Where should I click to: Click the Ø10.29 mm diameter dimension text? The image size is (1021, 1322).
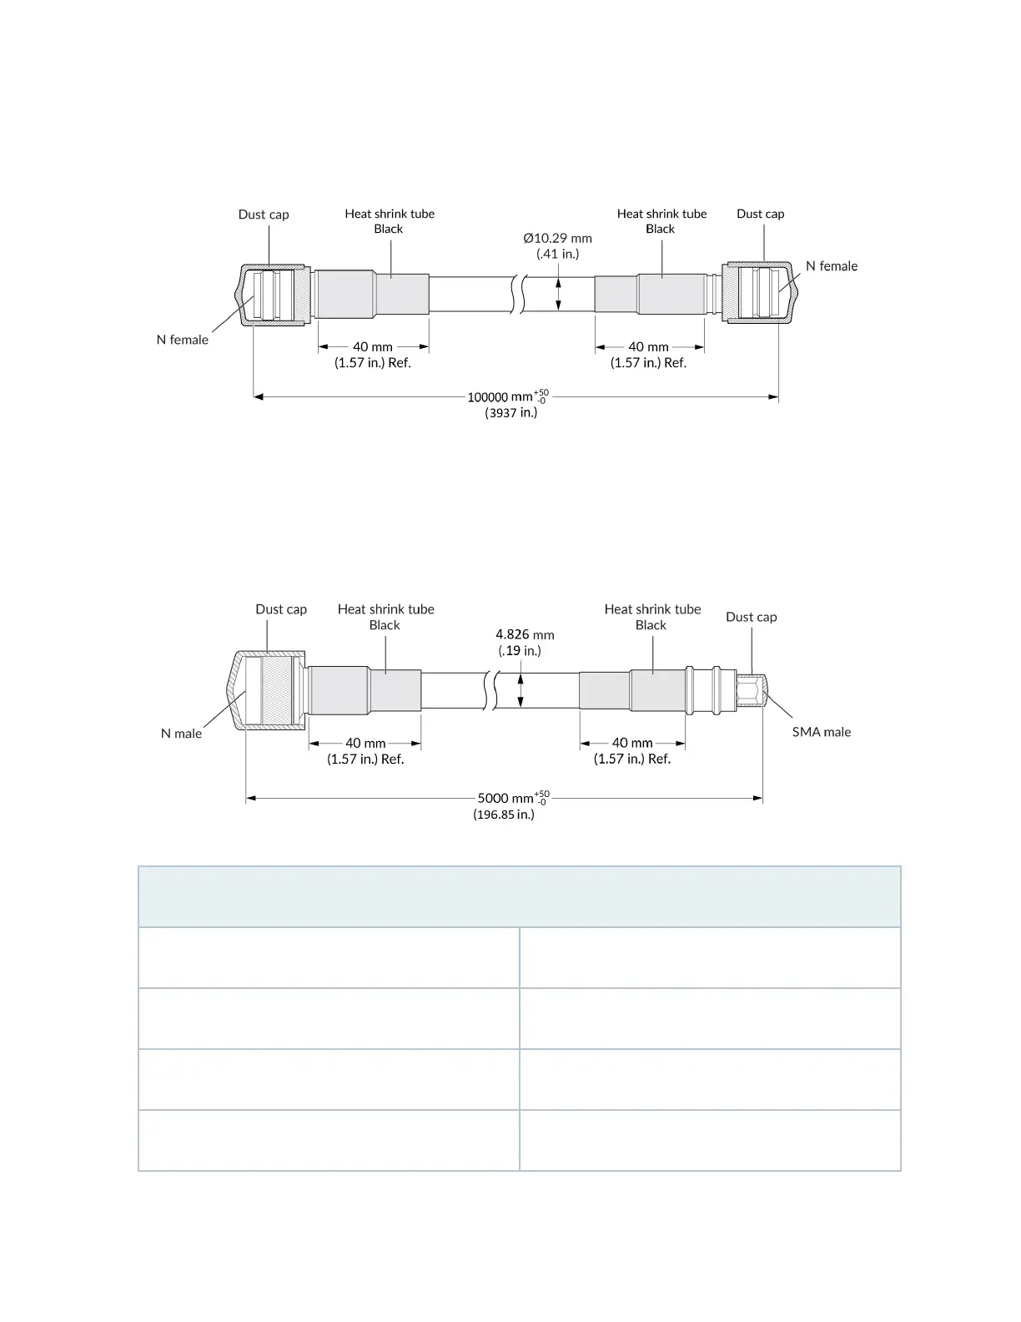tap(557, 239)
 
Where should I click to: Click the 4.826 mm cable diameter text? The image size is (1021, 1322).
tap(525, 635)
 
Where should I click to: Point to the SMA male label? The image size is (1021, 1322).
tap(821, 732)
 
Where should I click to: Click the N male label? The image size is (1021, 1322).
tap(181, 734)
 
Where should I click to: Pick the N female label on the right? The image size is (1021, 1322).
tap(831, 266)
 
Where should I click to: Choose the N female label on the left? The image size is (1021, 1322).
tap(182, 340)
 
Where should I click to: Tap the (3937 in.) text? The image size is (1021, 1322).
tap(511, 412)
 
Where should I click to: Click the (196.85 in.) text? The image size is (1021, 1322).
tap(504, 815)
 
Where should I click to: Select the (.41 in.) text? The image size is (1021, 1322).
tap(557, 254)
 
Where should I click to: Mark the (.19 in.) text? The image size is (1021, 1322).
tap(520, 651)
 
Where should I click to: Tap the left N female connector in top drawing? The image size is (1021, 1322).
tap(271, 294)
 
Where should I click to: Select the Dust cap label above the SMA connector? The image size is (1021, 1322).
tap(751, 618)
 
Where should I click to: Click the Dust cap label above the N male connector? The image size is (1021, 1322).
tap(281, 609)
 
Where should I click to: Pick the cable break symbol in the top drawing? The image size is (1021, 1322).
tap(516, 294)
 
